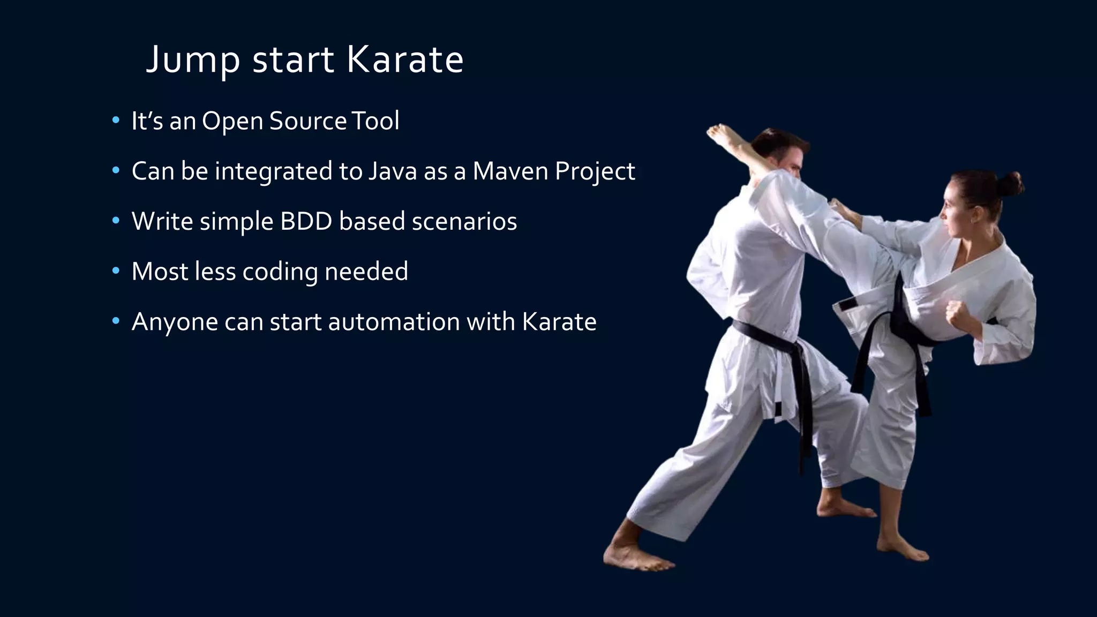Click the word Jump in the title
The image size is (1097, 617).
[193, 60]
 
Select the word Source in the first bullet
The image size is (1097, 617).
[308, 121]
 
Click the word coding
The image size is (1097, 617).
[280, 272]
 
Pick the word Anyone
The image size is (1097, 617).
[175, 322]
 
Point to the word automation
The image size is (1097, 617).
[394, 322]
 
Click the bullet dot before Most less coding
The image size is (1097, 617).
[116, 271]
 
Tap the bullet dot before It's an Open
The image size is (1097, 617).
[116, 121]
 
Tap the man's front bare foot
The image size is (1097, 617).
[637, 559]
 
